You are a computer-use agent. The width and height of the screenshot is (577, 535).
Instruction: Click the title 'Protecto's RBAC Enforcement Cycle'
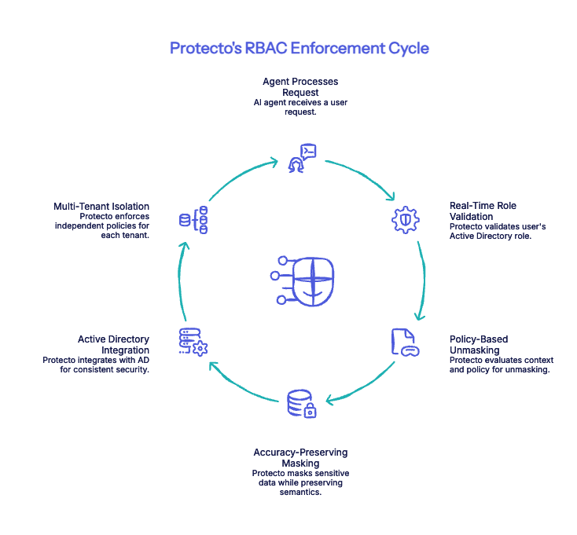(300, 48)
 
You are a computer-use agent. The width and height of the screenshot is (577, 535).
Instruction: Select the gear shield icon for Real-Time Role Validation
(406, 219)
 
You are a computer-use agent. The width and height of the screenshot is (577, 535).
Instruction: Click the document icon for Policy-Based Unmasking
(405, 343)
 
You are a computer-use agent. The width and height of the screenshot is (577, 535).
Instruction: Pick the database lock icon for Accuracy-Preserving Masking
(301, 403)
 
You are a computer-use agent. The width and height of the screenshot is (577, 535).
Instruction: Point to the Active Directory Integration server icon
(193, 343)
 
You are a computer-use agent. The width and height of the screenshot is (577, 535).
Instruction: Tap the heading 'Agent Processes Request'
(300, 86)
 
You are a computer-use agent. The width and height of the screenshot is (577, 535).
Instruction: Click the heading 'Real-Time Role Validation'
(483, 211)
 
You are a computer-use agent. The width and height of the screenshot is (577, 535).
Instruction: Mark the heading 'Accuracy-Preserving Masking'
(300, 458)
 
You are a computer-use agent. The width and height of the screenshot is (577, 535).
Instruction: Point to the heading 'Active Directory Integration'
(113, 344)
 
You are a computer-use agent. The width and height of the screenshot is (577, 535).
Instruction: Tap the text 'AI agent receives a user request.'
(300, 107)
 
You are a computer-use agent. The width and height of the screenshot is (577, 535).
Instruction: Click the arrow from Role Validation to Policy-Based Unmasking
(424, 279)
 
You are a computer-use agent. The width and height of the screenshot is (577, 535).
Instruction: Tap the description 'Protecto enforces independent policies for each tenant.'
(102, 225)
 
